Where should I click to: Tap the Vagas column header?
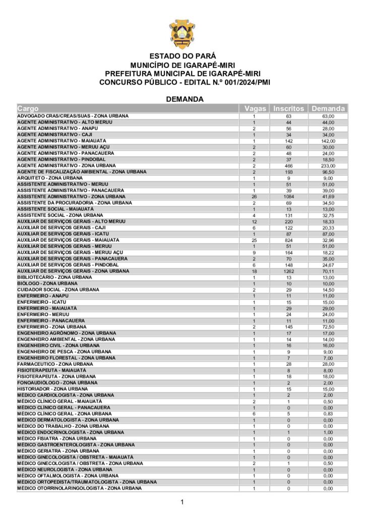(255, 108)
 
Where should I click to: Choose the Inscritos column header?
(289, 108)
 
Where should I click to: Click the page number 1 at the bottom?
(182, 502)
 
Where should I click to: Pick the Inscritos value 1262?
(289, 271)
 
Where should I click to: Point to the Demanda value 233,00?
(329, 166)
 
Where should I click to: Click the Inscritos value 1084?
(289, 197)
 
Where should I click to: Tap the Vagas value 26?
(255, 197)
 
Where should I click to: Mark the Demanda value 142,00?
(329, 141)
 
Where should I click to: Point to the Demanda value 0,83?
(329, 414)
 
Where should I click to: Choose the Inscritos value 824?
(289, 240)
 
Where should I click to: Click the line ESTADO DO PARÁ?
(182, 56)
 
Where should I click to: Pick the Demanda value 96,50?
(329, 172)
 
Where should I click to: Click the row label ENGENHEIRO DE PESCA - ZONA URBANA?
(62, 352)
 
